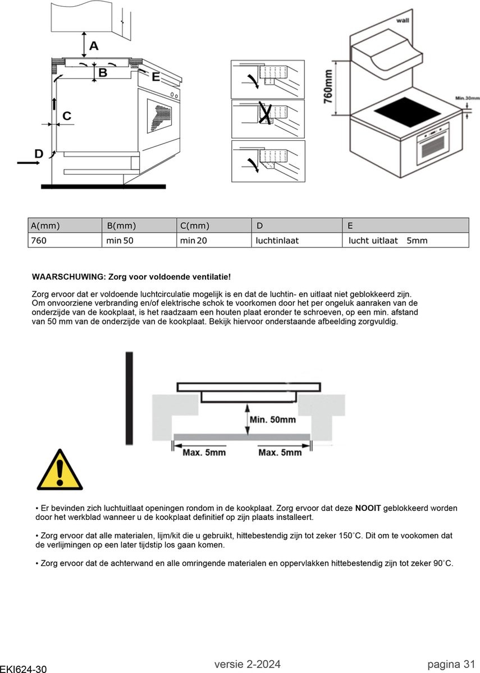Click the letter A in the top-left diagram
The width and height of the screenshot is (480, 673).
(94, 45)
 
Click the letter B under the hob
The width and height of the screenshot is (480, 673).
(103, 73)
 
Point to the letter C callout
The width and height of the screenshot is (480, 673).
(67, 116)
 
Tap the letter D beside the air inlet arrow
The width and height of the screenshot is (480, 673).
(39, 153)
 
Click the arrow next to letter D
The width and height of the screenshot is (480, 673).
(28, 163)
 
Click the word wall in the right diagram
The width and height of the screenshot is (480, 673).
(403, 20)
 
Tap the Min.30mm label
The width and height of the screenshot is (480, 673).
(467, 98)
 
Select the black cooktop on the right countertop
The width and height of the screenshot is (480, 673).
(407, 112)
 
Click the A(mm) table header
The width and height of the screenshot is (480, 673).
(45, 225)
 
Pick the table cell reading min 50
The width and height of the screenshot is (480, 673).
(120, 241)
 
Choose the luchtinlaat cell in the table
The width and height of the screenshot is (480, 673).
(277, 241)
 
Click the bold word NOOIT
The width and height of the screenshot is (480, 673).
(368, 508)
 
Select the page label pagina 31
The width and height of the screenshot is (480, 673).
(451, 665)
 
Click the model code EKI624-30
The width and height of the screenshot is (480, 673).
(24, 669)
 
